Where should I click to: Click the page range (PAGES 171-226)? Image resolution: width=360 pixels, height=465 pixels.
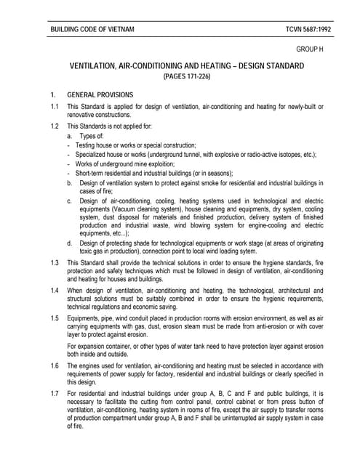(x=186, y=76)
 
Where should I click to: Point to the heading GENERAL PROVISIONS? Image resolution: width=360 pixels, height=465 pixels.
(x=100, y=94)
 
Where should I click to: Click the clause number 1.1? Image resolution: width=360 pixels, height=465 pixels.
(x=54, y=107)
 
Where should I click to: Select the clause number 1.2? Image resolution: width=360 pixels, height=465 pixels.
(x=54, y=126)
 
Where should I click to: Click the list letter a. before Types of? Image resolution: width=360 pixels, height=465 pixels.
(x=70, y=136)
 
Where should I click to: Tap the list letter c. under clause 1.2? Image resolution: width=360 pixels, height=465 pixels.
(x=70, y=200)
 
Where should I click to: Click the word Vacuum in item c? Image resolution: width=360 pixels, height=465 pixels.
(x=127, y=208)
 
